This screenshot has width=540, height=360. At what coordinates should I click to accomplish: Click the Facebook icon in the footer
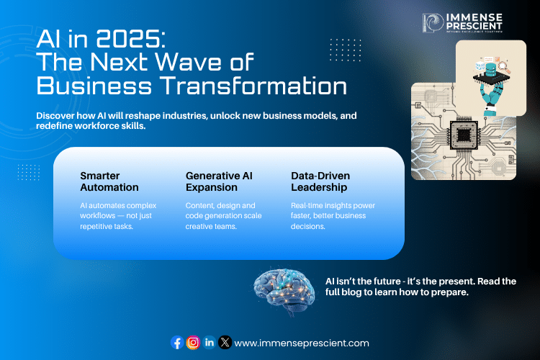pos(177,343)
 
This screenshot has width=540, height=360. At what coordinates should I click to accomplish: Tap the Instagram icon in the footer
pos(193,343)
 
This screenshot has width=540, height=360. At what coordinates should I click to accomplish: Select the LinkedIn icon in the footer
pos(209,343)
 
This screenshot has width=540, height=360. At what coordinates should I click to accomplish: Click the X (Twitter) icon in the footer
pos(225,343)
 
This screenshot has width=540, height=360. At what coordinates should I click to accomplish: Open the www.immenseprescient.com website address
pos(302,343)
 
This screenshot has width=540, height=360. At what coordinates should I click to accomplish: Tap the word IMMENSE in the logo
pos(476,17)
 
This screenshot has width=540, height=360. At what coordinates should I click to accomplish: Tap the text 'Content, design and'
pos(220,206)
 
